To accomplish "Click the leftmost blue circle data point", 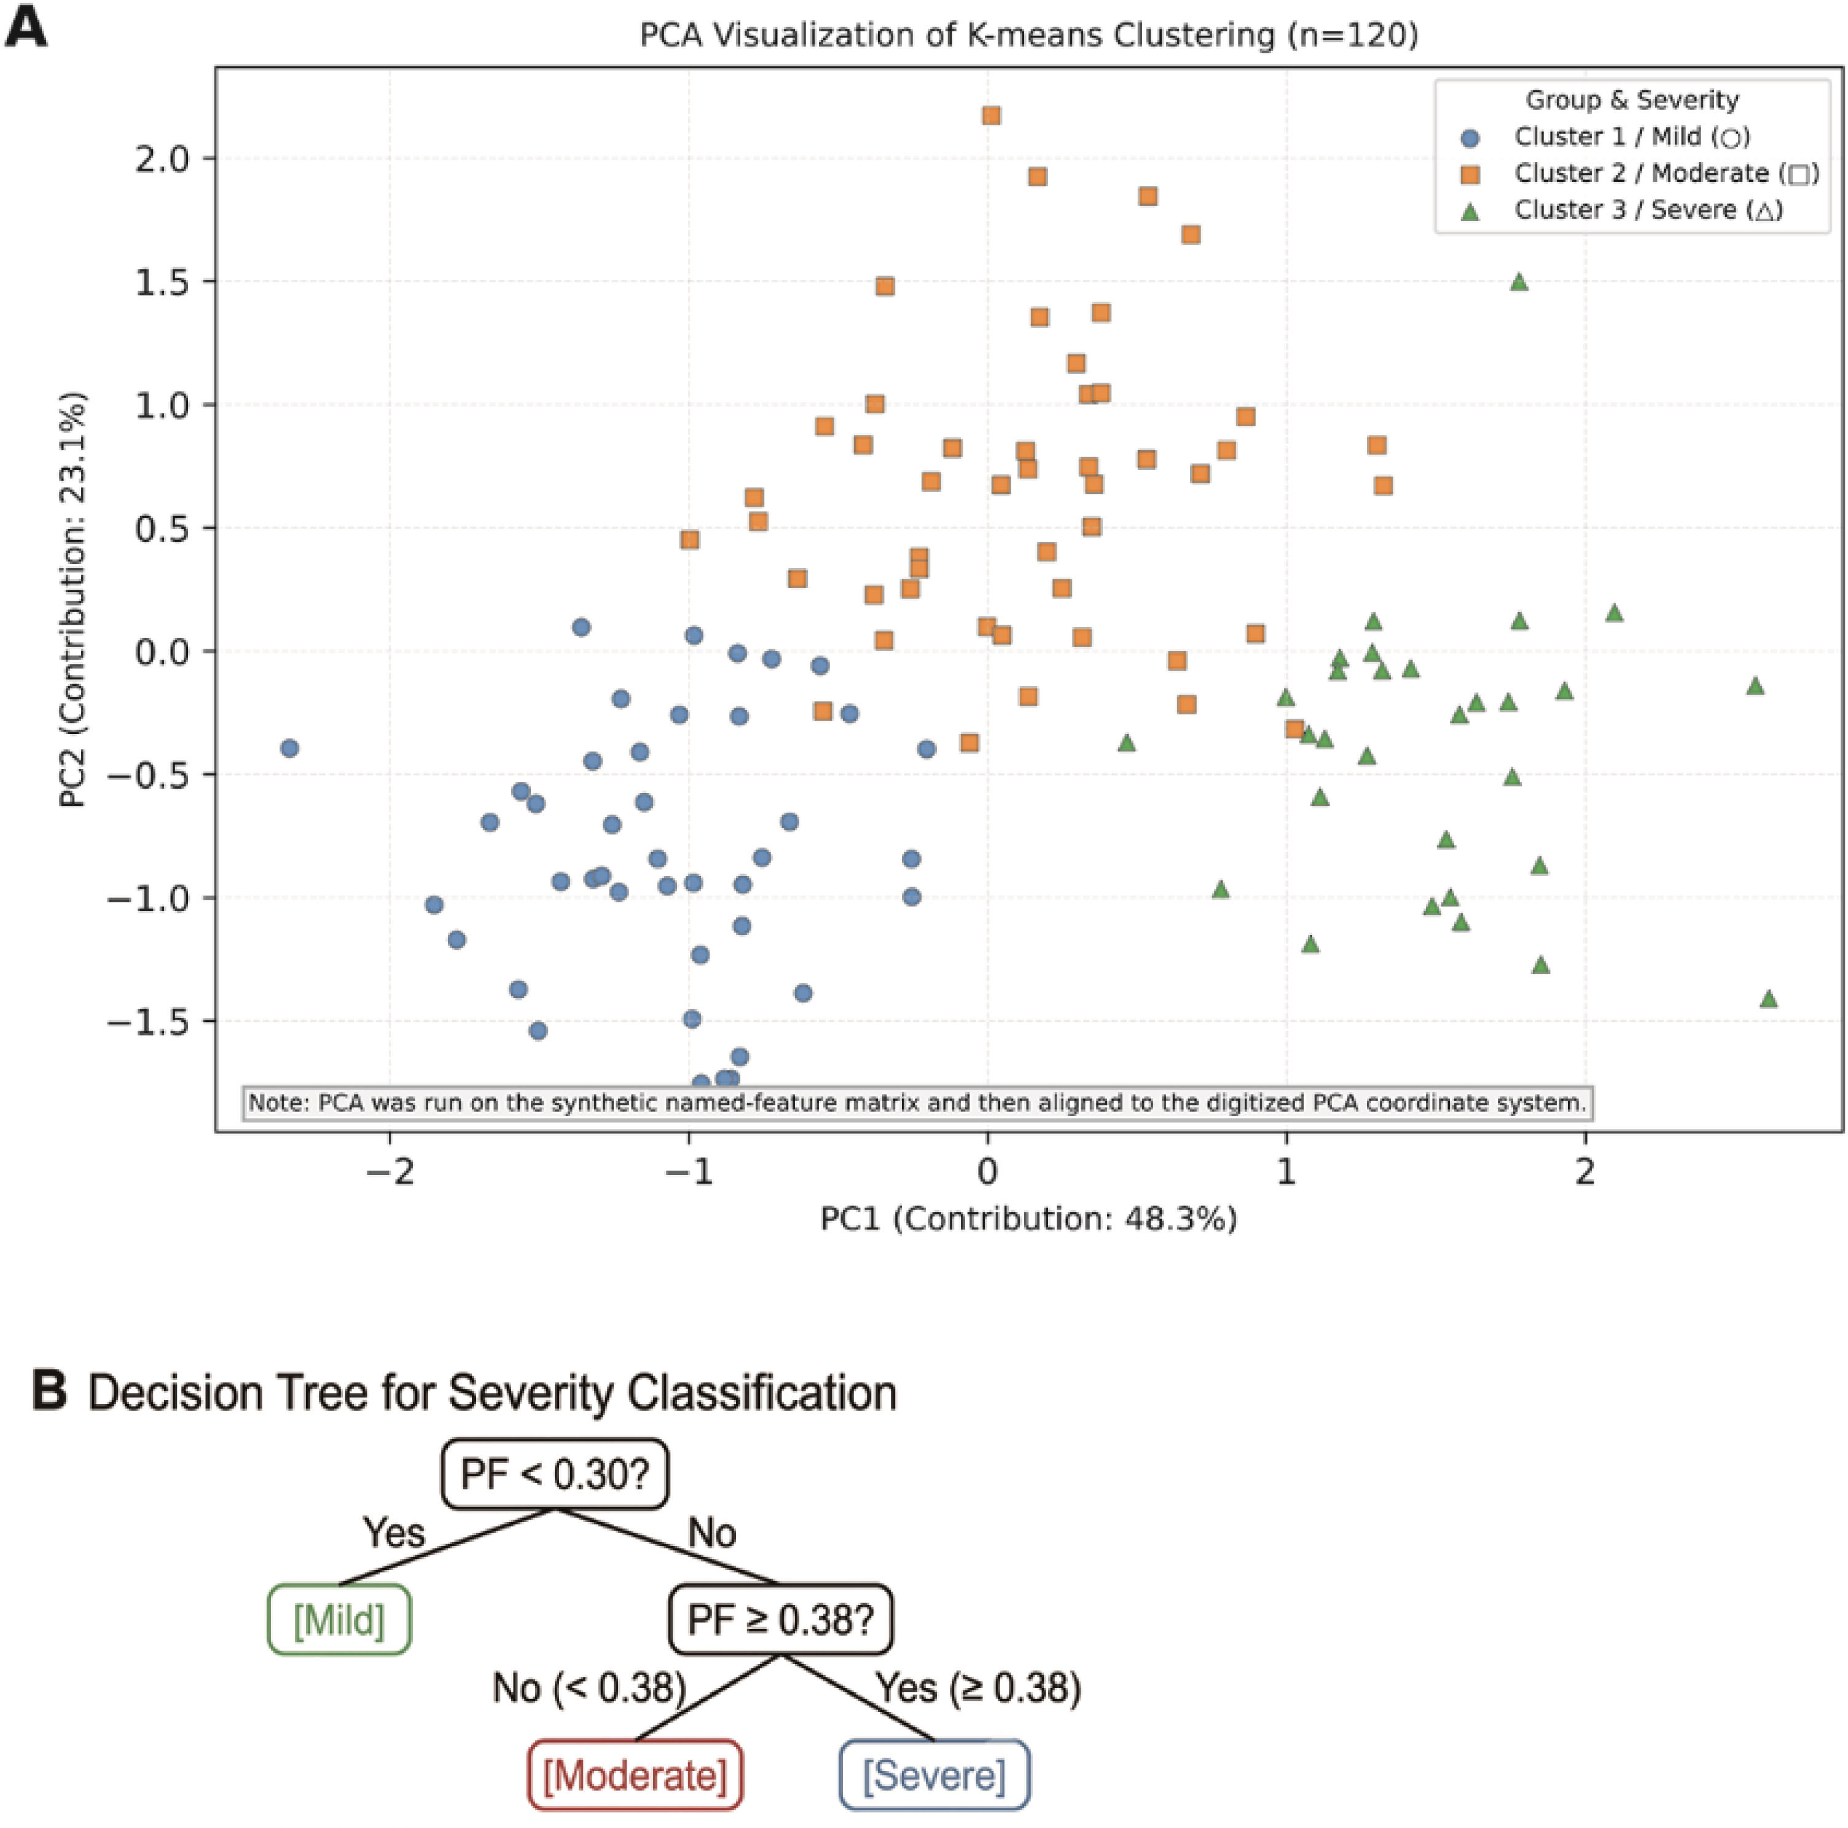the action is pyautogui.click(x=289, y=748).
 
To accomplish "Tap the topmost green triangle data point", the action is pyautogui.click(x=1518, y=281).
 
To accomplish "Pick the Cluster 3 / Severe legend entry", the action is pyautogui.click(x=1623, y=209).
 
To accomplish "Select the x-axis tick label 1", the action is pyautogui.click(x=1286, y=1171).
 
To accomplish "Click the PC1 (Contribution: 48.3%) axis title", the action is pyautogui.click(x=1028, y=1219).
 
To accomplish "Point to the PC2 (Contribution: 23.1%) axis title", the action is pyautogui.click(x=72, y=599).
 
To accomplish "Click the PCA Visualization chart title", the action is pyautogui.click(x=1028, y=36).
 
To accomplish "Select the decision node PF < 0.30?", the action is pyautogui.click(x=555, y=1474).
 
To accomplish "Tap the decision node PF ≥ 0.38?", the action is pyautogui.click(x=780, y=1620).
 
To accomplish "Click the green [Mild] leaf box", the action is pyautogui.click(x=339, y=1620).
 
